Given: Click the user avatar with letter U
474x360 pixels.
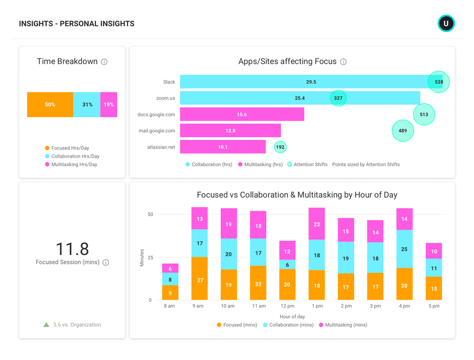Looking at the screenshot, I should [x=446, y=23].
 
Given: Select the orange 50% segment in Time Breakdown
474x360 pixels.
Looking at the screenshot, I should [x=50, y=104].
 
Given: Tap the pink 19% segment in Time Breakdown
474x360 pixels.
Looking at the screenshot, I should [x=108, y=104].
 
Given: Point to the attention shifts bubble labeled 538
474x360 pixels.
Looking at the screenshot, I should [x=438, y=82].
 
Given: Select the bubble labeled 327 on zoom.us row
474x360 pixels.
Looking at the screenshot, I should [x=338, y=98].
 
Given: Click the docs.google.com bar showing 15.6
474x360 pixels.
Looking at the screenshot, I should [x=242, y=114].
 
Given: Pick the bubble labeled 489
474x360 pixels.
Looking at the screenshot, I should [x=403, y=131].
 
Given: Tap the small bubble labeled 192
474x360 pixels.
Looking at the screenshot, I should [x=280, y=147].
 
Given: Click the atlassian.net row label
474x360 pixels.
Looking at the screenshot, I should [x=161, y=147].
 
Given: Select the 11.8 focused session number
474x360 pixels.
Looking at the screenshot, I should [x=72, y=249].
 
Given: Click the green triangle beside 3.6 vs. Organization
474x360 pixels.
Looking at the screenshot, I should [x=46, y=325].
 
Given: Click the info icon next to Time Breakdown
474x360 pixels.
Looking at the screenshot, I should [x=104, y=62].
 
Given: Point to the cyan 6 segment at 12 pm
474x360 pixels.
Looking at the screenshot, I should [x=287, y=264].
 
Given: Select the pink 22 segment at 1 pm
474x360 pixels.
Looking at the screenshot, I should [x=317, y=224].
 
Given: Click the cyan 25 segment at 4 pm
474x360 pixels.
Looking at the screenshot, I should [x=404, y=249].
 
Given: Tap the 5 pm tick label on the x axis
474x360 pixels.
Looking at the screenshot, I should [x=434, y=306].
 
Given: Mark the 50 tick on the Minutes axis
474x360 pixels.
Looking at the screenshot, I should [x=150, y=215].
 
